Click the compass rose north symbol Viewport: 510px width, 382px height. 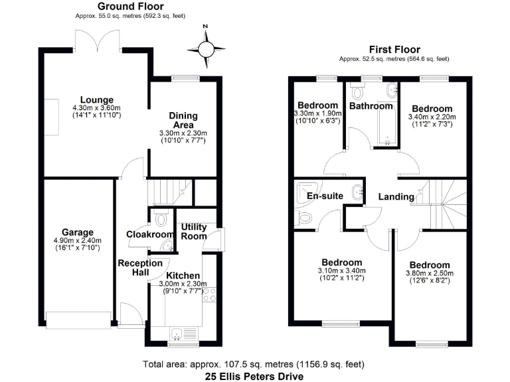[206, 47]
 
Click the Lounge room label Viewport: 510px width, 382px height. [97, 100]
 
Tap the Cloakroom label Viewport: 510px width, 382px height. [149, 233]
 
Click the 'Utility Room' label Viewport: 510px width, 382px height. [194, 231]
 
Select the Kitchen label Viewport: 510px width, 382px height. [183, 275]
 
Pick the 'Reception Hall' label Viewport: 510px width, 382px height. [140, 267]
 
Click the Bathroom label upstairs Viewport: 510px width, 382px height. [371, 105]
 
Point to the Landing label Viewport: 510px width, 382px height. [396, 197]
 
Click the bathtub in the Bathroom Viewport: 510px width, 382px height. [385, 127]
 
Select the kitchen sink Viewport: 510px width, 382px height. [179, 333]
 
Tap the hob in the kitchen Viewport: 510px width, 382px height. [211, 294]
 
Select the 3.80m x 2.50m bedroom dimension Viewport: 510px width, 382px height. [429, 273]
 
